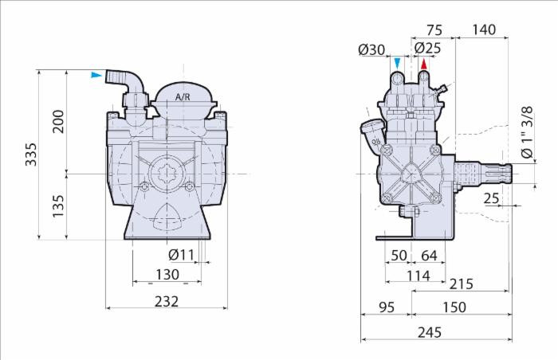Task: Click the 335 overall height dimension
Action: click(31, 154)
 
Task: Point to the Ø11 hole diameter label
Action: click(182, 255)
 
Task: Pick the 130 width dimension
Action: click(167, 275)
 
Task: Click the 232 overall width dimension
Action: click(167, 301)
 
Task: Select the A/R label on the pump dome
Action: click(183, 96)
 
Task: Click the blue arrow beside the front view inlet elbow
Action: click(96, 76)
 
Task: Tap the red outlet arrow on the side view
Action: click(425, 64)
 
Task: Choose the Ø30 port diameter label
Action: click(372, 49)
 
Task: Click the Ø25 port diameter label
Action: click(428, 49)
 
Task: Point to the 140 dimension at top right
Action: click(483, 30)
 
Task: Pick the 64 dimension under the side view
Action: click(429, 255)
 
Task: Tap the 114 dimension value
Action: click(415, 276)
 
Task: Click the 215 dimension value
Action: click(461, 284)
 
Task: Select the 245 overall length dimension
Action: click(430, 333)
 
